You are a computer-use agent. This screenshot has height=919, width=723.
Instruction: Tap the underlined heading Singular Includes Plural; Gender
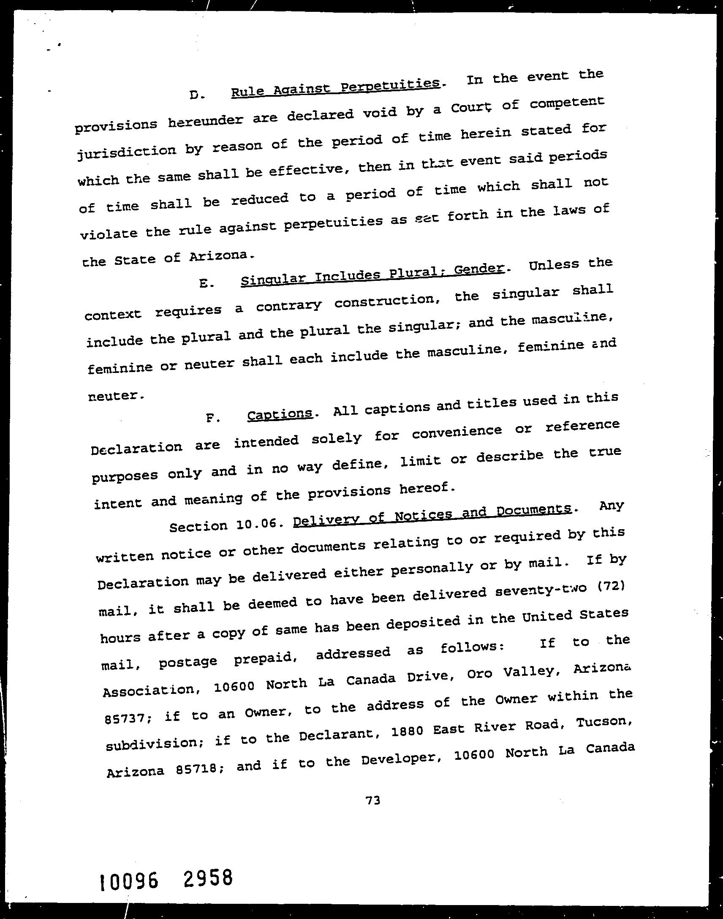point(372,274)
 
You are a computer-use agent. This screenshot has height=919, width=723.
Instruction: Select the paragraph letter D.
point(197,95)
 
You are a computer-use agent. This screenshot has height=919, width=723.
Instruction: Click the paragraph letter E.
point(206,284)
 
